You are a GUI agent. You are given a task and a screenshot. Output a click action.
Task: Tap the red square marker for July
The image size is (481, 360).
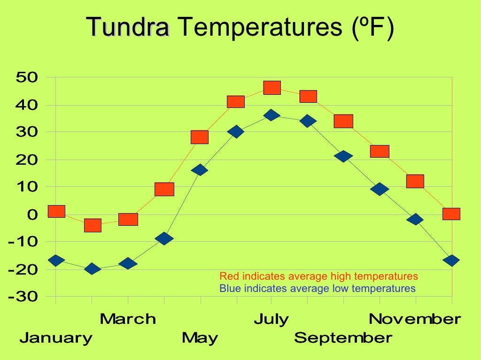pyautogui.click(x=272, y=87)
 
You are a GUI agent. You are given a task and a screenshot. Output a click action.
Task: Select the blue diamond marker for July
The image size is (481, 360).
pyautogui.click(x=272, y=115)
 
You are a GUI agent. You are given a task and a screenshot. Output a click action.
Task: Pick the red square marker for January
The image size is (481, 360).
pyautogui.click(x=56, y=211)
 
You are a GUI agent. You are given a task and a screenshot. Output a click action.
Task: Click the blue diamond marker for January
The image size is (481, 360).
pyautogui.click(x=56, y=260)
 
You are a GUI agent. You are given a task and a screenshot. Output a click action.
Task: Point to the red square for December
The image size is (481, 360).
pyautogui.click(x=451, y=214)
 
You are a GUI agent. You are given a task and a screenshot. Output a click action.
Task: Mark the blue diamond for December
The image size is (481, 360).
pyautogui.click(x=451, y=260)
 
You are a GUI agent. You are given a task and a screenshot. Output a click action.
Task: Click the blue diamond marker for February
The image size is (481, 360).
pyautogui.click(x=92, y=269)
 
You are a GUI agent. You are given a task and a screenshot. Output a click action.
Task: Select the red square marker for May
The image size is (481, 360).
pyautogui.click(x=200, y=137)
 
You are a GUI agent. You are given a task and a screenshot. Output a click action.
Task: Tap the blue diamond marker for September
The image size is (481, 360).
pyautogui.click(x=343, y=156)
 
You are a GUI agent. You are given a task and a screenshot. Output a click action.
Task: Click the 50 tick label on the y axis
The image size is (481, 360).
pyautogui.click(x=27, y=77)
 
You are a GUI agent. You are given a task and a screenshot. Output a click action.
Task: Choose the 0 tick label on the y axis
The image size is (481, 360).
pyautogui.click(x=32, y=214)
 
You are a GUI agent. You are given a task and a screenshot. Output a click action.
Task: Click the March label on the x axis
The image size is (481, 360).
pyautogui.click(x=128, y=319)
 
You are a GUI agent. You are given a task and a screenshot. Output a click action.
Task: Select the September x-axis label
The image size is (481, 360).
pyautogui.click(x=343, y=337)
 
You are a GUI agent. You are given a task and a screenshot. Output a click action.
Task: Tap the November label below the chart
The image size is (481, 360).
pyautogui.click(x=415, y=319)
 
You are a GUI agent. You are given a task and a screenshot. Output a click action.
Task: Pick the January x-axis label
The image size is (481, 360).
pyautogui.click(x=56, y=337)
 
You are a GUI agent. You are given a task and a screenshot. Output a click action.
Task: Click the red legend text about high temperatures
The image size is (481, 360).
pyautogui.click(x=318, y=276)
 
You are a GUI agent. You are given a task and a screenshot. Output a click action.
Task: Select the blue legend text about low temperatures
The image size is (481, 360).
pyautogui.click(x=318, y=288)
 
